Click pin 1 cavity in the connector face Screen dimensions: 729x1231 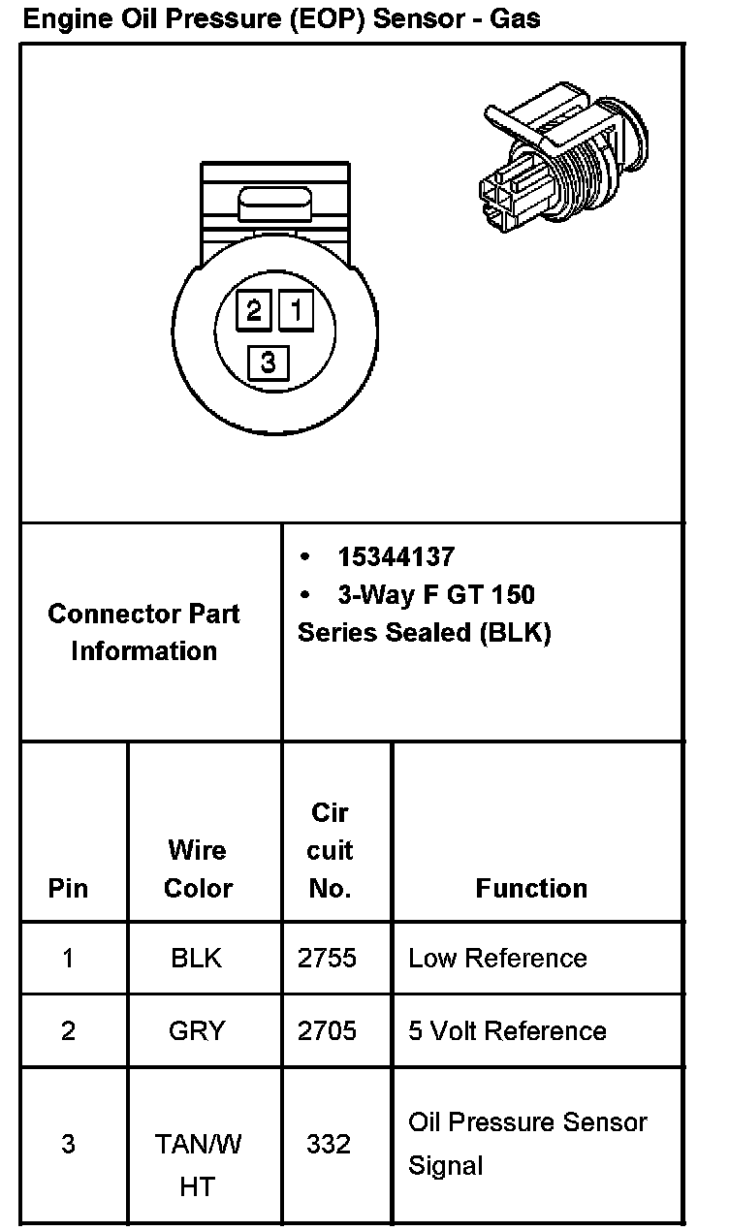pos(297,311)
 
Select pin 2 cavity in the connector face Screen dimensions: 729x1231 pos(254,311)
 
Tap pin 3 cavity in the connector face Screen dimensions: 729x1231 pos(269,363)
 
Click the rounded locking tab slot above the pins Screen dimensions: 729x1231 pos(274,206)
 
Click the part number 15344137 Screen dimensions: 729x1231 pos(396,557)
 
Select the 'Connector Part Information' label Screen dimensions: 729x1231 pos(143,632)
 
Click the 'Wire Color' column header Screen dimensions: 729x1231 pos(198,868)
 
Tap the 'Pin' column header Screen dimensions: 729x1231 pos(68,888)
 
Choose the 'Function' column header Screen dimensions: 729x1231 pos(531,888)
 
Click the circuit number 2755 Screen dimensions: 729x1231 pos(328,959)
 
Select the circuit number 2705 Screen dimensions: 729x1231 pos(328,1030)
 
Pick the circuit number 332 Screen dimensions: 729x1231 pos(328,1145)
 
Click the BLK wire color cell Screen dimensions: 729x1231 pos(197,959)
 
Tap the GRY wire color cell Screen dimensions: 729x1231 pos(197,1030)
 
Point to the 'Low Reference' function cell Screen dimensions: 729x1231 pos(497,959)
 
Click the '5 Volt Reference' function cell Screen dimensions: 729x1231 pos(507,1030)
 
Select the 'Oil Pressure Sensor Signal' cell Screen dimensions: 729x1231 pos(526,1144)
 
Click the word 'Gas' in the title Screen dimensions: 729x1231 pos(516,17)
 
